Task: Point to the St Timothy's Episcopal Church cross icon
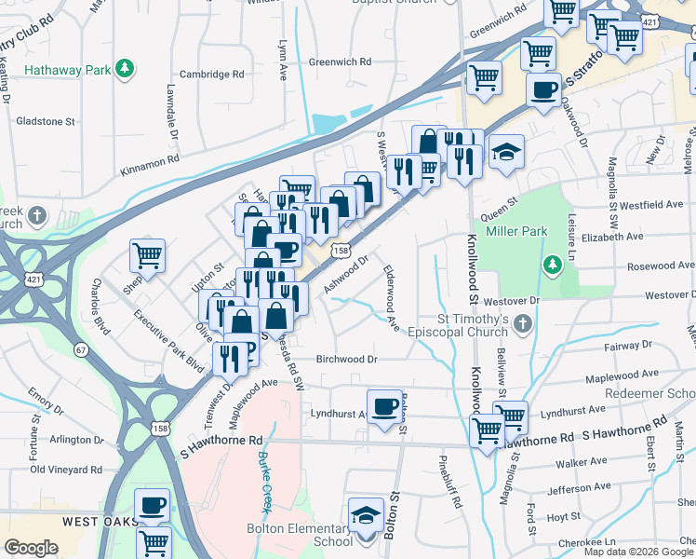click(x=523, y=323)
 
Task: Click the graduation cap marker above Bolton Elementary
click(x=366, y=515)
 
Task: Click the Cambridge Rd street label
click(x=211, y=75)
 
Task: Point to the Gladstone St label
click(x=46, y=121)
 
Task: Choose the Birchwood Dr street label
click(x=346, y=359)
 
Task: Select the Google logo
click(x=31, y=548)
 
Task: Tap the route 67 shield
click(x=81, y=349)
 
